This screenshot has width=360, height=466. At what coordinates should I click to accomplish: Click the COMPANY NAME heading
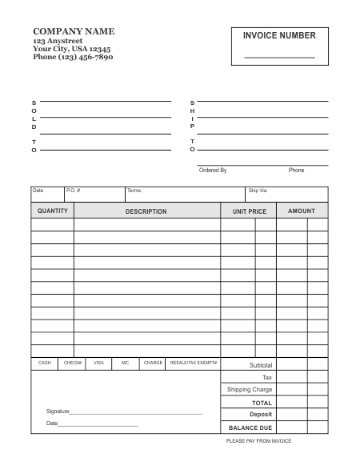tap(74, 31)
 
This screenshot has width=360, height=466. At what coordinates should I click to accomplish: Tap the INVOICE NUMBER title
tap(279, 35)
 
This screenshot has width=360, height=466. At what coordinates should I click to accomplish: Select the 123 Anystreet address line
tap(58, 40)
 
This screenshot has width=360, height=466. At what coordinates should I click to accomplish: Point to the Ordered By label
tap(213, 171)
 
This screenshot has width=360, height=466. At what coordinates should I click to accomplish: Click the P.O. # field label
tap(73, 191)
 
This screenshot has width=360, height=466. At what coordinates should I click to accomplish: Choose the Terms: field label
tap(134, 191)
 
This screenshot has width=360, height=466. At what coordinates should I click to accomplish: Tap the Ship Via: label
tap(258, 191)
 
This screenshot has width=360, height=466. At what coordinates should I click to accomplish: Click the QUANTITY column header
tap(53, 211)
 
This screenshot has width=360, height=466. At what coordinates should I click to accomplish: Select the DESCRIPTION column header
tap(146, 211)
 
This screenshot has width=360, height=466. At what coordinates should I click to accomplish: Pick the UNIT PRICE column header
tap(249, 211)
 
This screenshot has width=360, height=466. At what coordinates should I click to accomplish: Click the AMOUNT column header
tap(302, 211)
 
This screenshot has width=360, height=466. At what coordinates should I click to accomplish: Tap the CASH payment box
tap(45, 363)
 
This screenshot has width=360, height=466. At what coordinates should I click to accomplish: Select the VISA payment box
tap(98, 363)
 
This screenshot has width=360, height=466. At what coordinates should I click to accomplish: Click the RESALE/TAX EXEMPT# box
tap(194, 363)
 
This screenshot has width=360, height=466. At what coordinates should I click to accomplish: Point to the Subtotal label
tap(261, 365)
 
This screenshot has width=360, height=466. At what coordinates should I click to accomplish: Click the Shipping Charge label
tap(250, 390)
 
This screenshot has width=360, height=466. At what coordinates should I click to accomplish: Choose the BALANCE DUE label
tap(250, 428)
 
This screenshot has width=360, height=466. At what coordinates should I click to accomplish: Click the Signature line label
tap(58, 412)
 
